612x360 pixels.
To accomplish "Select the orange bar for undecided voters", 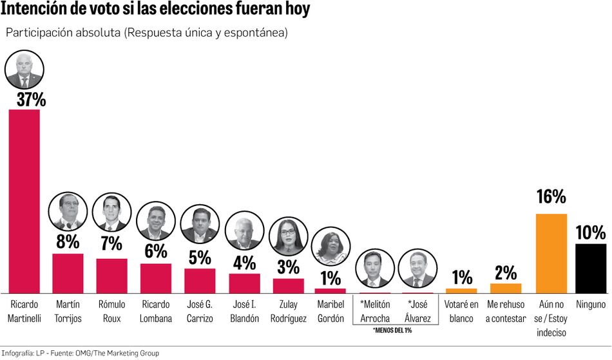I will pos(551,253).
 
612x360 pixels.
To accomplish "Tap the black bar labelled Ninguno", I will pos(590,268).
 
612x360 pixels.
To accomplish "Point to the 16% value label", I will pos(551,197).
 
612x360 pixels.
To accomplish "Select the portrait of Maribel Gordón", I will pos(330,249).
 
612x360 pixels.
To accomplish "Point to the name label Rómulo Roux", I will pos(111,311).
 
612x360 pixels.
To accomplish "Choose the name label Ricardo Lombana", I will pos(155,311).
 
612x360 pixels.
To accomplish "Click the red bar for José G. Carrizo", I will pos(200,280).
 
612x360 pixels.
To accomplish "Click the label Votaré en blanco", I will pos(461,311).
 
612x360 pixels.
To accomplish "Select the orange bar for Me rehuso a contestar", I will pos(506,288).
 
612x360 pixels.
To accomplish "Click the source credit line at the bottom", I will pos(80,353).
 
